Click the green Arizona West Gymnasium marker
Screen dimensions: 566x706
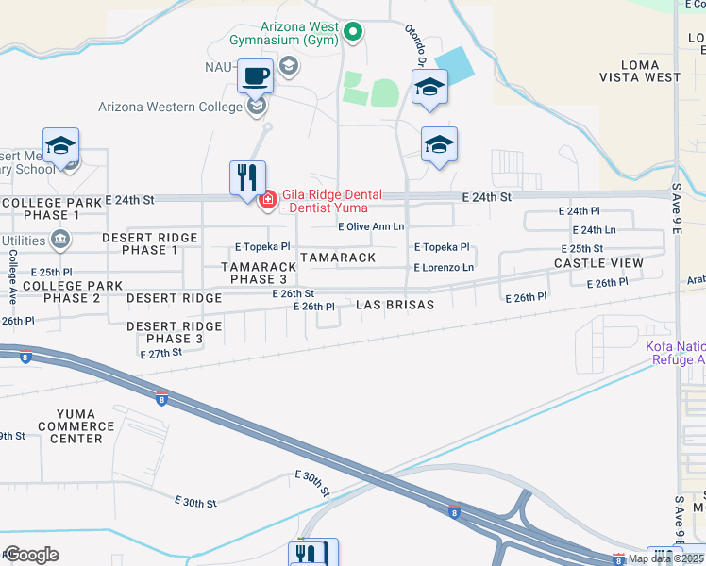pos(353,32)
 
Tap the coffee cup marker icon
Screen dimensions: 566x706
pos(254,75)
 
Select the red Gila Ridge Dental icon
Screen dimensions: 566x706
pos(267,199)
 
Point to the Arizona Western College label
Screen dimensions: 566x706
pos(171,107)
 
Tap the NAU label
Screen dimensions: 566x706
pos(218,67)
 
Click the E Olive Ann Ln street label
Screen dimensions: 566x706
pos(371,226)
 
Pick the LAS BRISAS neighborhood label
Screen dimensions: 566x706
pos(395,305)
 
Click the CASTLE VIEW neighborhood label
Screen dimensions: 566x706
pos(598,263)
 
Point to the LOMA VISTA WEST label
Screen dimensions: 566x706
pos(638,71)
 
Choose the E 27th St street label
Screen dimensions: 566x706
pos(160,354)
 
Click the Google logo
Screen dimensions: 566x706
pos(31,555)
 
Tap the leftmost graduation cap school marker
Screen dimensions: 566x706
pos(61,145)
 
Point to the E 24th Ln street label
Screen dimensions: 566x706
pos(594,229)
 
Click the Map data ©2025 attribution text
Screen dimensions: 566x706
pos(664,558)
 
